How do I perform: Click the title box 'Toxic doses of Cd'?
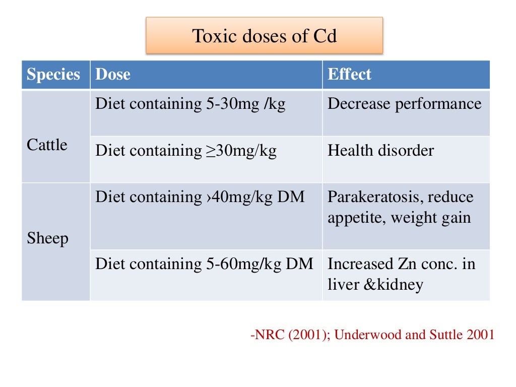[x=264, y=36]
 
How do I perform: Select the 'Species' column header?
[x=53, y=75]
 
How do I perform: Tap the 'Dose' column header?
[x=113, y=75]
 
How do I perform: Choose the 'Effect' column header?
[x=349, y=75]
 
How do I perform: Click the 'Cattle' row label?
[x=47, y=145]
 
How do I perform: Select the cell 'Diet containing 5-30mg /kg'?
[x=190, y=104]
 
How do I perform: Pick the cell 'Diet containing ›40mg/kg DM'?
[x=200, y=197]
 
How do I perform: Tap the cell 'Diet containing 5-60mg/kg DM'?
[x=204, y=264]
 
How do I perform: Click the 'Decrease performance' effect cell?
[x=405, y=104]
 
